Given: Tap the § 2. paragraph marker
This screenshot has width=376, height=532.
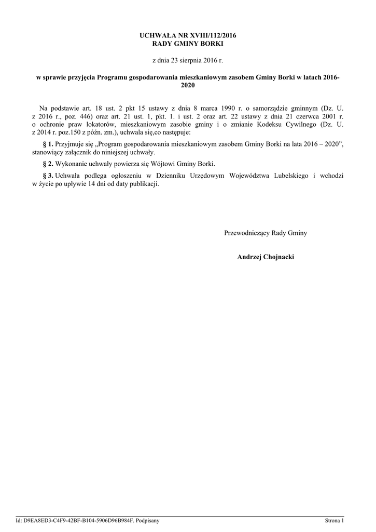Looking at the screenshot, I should coord(47,164).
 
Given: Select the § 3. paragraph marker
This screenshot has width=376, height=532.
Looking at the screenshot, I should coord(47,176).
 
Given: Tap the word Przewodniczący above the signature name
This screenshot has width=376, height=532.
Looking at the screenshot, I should coord(247,233).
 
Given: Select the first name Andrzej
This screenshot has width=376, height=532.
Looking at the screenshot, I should coord(247,257).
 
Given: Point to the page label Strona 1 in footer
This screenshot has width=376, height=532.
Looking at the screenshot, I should coord(334,520).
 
